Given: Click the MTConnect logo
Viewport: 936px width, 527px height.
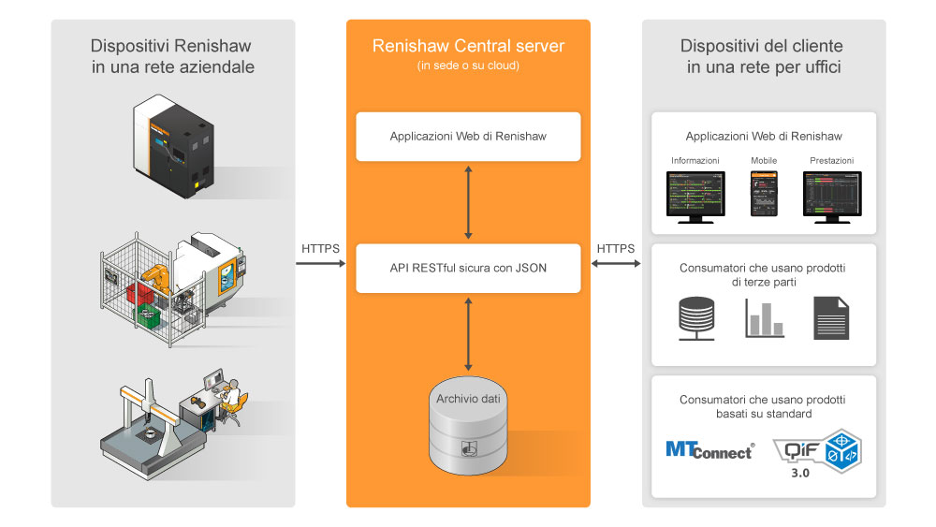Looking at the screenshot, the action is pyautogui.click(x=709, y=450).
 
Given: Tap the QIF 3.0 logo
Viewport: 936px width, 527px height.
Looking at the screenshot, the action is pyautogui.click(x=817, y=453).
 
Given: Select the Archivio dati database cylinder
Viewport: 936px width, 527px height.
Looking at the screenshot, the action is pyautogui.click(x=468, y=426).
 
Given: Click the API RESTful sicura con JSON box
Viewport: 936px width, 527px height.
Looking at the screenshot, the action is pyautogui.click(x=468, y=268).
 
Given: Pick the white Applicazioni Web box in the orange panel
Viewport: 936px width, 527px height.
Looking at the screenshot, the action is pyautogui.click(x=468, y=137).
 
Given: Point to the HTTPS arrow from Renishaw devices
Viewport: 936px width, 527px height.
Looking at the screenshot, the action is pyautogui.click(x=320, y=263).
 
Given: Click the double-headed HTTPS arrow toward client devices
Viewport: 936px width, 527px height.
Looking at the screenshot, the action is pyautogui.click(x=616, y=263).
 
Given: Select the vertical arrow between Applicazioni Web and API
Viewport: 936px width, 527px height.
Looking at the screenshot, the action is pyautogui.click(x=468, y=202).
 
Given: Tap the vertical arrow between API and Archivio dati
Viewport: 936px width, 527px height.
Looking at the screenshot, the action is pyautogui.click(x=468, y=334).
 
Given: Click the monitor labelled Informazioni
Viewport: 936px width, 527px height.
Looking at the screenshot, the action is pyautogui.click(x=695, y=197).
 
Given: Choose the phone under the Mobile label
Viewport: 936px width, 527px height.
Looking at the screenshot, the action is pyautogui.click(x=764, y=194).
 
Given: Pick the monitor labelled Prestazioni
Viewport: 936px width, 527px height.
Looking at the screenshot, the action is pyautogui.click(x=832, y=197).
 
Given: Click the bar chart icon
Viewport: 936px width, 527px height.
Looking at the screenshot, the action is pyautogui.click(x=764, y=318).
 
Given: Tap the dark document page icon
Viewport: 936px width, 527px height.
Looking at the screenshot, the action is pyautogui.click(x=831, y=318).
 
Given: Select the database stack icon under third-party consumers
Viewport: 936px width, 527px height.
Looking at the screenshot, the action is pyautogui.click(x=696, y=318).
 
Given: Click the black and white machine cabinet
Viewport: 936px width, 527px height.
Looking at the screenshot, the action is pyautogui.click(x=173, y=145).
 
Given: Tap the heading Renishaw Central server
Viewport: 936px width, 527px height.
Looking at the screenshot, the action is pyautogui.click(x=468, y=46).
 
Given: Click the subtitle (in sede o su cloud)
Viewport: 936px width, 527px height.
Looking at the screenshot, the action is pyautogui.click(x=468, y=66).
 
